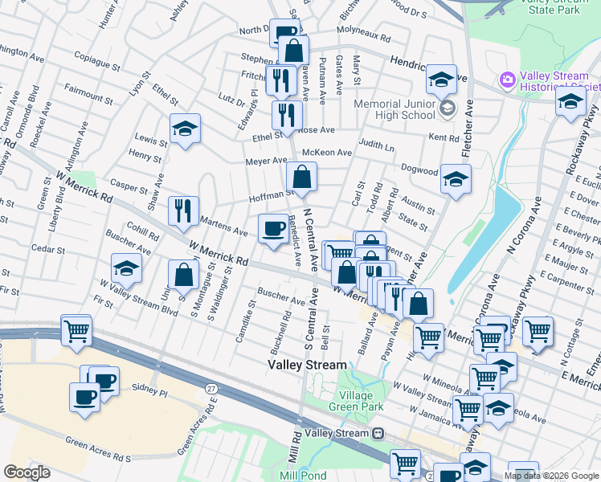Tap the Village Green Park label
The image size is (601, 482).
coord(350,401)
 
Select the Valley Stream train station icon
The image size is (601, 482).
coord(378,433)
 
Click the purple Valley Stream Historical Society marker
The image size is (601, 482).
coord(507,80)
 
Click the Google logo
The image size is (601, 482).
coord(27,472)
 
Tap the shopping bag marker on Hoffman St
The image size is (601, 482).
coord(301,178)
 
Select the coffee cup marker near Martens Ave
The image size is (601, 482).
coord(272,229)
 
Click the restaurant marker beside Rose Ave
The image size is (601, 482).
coord(287,114)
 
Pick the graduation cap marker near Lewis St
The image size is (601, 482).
coord(185,129)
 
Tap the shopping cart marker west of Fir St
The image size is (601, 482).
coord(76,329)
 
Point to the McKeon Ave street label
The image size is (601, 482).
coord(326,153)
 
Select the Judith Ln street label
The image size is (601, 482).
coord(377,147)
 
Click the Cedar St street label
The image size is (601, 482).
coord(47,250)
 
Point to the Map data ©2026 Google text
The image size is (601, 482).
coord(551,476)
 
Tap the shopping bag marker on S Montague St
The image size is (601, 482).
coord(185,274)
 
